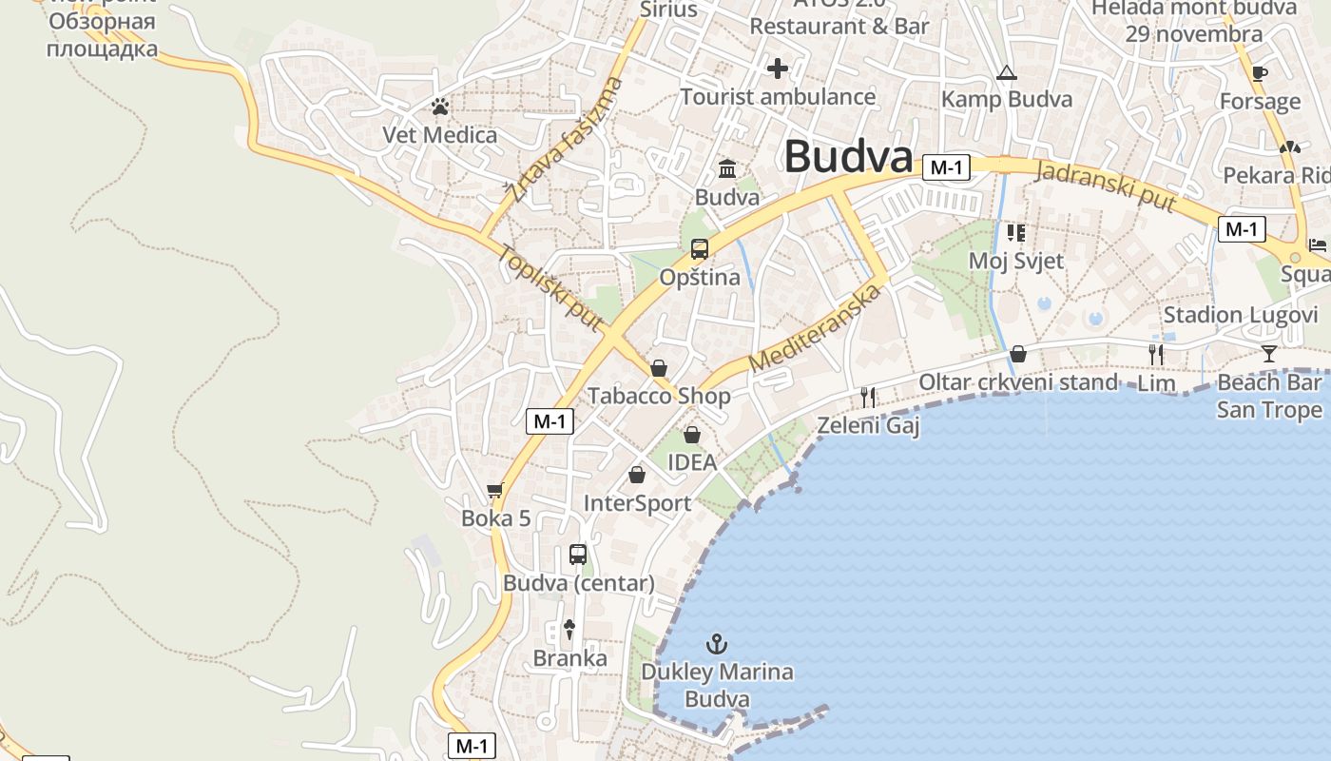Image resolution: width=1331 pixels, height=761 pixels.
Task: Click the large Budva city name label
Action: point(848,157)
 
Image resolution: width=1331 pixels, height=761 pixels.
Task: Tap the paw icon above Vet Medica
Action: point(439,107)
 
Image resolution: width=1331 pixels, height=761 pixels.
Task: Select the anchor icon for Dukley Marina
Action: point(717,644)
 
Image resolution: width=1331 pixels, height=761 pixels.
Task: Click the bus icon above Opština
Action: point(700,249)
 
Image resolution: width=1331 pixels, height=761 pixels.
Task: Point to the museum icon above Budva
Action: point(727,169)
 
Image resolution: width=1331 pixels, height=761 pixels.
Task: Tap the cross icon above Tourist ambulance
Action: point(778,68)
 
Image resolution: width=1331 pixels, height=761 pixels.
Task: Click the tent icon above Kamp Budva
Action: point(1006,72)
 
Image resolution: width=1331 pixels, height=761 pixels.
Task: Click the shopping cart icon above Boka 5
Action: point(494,491)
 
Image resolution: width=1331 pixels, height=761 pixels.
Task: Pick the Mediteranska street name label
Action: point(815,328)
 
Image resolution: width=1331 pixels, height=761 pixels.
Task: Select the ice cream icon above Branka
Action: point(569,629)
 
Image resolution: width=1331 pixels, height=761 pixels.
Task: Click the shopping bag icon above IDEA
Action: point(692,435)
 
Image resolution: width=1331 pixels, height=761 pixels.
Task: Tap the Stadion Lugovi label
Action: point(1241,315)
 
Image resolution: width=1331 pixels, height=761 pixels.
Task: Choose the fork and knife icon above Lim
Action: point(1156,355)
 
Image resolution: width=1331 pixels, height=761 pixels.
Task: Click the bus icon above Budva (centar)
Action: point(577,554)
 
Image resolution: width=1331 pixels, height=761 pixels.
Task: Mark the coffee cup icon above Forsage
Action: point(1260,73)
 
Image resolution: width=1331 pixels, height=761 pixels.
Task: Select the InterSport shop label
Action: point(637,503)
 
